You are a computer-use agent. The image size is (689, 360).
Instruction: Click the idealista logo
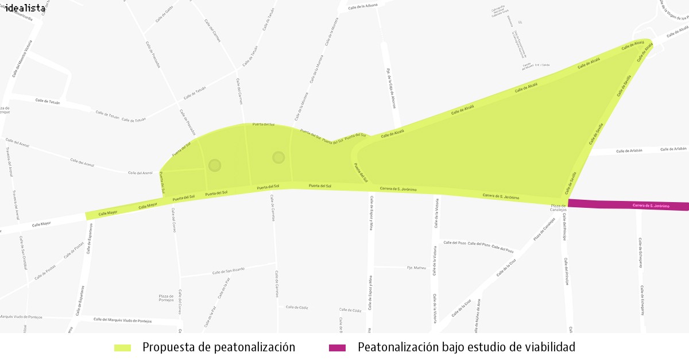pos(25,8)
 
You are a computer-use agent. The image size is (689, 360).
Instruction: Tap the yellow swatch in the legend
pos(123,348)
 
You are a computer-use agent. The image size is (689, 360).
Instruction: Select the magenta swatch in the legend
pos(337,348)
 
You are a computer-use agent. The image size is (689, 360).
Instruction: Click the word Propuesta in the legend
pos(169,347)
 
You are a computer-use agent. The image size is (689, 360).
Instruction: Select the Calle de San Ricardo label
pos(229,271)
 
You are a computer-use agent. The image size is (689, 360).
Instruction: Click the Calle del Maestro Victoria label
pos(22,59)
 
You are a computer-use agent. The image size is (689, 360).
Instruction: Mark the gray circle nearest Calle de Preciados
pos(215,165)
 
